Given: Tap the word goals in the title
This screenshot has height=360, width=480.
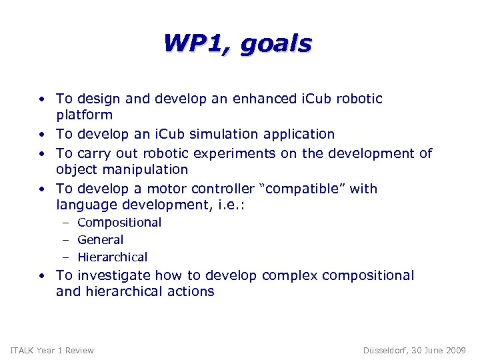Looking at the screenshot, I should [276, 45].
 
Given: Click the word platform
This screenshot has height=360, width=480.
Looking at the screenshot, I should [84, 115].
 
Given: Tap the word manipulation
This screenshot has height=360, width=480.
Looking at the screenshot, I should [145, 170].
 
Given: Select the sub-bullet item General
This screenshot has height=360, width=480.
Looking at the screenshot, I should [100, 239].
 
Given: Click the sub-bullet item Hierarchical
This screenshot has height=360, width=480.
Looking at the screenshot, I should [112, 257].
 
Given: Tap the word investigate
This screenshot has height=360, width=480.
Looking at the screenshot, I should [115, 275].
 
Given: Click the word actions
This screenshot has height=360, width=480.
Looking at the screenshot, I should [191, 291].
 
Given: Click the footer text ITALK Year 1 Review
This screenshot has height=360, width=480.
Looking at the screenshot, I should [53, 350].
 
